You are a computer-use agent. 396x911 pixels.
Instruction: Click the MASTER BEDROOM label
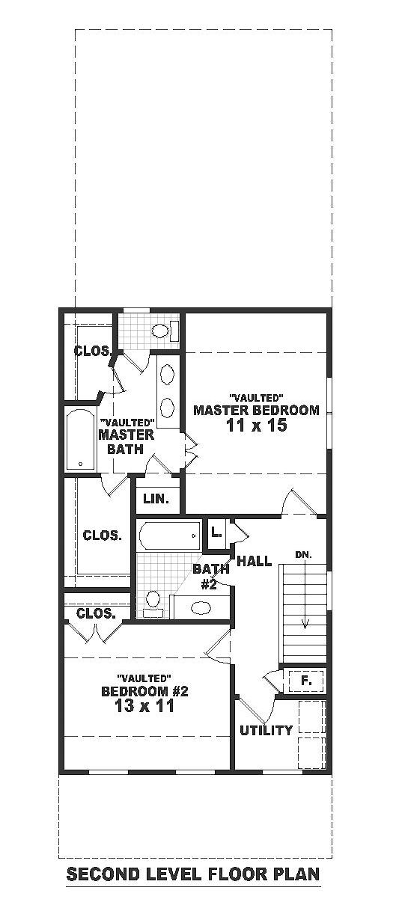click(x=256, y=410)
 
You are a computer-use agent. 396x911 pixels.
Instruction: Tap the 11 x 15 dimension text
click(x=257, y=426)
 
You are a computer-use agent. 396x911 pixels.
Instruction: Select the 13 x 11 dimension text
click(x=144, y=705)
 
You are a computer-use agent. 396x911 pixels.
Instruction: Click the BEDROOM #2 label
click(x=144, y=691)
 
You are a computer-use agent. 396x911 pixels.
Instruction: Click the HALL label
click(x=254, y=562)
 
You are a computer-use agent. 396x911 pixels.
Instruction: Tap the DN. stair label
click(x=305, y=555)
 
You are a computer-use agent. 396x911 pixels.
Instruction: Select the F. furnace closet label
click(x=306, y=680)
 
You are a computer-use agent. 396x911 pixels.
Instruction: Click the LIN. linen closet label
click(x=156, y=499)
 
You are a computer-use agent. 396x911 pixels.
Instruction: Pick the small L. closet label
click(x=216, y=533)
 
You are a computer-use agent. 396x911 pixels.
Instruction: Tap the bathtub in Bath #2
click(x=170, y=536)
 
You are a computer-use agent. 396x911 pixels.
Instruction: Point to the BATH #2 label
click(x=210, y=577)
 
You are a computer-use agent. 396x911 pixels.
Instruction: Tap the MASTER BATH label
click(x=127, y=442)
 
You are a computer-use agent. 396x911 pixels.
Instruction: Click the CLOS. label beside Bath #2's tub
click(x=102, y=536)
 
